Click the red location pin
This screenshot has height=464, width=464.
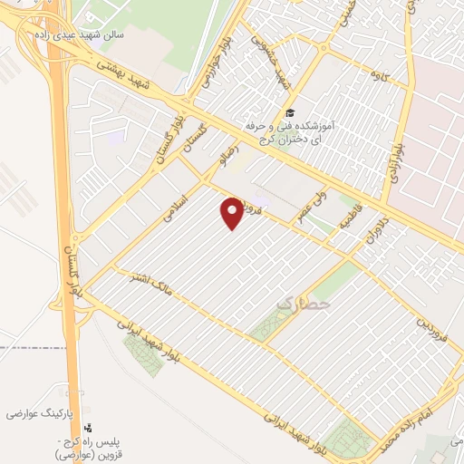coord(233,212)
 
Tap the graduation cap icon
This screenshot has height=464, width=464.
coord(289,113)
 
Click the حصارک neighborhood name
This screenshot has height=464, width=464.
coord(302,305)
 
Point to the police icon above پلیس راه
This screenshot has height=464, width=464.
coord(87,428)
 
